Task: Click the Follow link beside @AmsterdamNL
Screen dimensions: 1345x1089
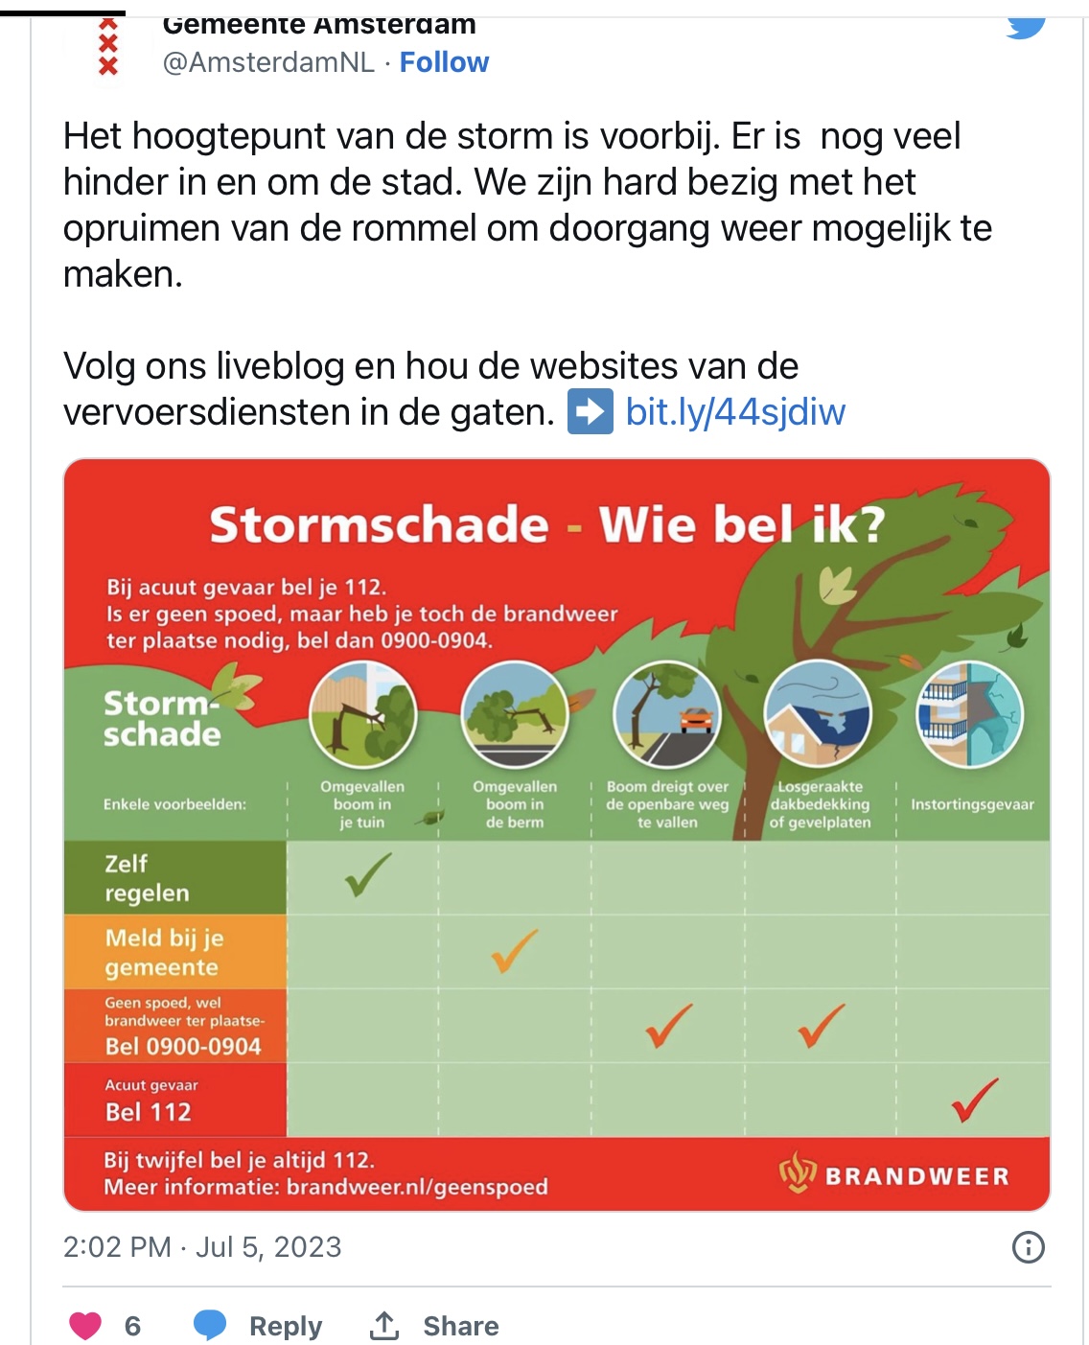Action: [444, 62]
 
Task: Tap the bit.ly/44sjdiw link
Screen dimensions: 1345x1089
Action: [735, 412]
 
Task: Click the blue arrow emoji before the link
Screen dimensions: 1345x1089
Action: [590, 412]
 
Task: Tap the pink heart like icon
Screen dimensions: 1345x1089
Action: [85, 1325]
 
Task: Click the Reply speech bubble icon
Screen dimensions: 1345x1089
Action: [210, 1325]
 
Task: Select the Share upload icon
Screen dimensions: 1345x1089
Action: [384, 1325]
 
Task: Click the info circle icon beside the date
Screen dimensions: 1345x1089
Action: [1028, 1247]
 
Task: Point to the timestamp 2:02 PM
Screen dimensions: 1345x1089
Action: [117, 1247]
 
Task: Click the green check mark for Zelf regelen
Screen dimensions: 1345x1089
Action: [367, 874]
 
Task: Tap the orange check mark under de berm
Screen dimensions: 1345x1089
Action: [515, 950]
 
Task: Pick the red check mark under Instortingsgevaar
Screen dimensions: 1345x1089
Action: [974, 1100]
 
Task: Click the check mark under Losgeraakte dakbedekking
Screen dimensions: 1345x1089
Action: [822, 1025]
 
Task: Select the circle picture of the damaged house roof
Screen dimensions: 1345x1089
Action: [818, 714]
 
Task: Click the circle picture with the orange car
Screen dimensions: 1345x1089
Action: [667, 714]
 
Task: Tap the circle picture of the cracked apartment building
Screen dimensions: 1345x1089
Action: [970, 714]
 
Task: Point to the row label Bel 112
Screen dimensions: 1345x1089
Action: [149, 1112]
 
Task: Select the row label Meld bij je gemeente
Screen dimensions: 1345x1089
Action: [162, 952]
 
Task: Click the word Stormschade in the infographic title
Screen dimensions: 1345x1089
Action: [379, 525]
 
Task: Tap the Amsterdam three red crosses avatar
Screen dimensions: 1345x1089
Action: [108, 48]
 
